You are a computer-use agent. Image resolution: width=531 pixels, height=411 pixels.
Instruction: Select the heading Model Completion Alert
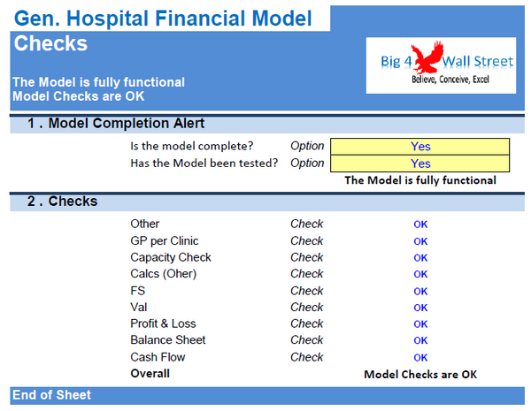pyautogui.click(x=126, y=124)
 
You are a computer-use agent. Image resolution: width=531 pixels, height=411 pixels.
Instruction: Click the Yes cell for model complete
pyautogui.click(x=420, y=147)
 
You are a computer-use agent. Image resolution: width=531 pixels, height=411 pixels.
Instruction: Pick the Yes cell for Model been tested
pyautogui.click(x=420, y=164)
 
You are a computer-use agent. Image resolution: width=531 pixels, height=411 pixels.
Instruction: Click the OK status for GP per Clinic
pyautogui.click(x=420, y=241)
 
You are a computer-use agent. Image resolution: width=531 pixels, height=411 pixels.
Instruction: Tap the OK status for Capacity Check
pyautogui.click(x=420, y=258)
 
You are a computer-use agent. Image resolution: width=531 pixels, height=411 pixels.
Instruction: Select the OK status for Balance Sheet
pyautogui.click(x=420, y=340)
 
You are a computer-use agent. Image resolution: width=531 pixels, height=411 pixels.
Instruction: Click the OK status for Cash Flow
pyautogui.click(x=420, y=357)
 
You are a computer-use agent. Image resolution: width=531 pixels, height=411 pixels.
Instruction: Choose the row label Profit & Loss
pyautogui.click(x=163, y=323)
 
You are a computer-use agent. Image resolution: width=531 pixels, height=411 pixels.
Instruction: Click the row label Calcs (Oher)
pyautogui.click(x=163, y=274)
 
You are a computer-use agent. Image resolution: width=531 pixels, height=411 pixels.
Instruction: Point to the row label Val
pyautogui.click(x=140, y=308)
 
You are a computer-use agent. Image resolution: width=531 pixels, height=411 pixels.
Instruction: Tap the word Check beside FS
pyautogui.click(x=307, y=291)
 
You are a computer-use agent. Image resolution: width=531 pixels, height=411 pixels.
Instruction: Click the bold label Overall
pyautogui.click(x=150, y=374)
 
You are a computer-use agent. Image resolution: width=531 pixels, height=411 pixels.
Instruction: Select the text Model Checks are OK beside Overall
pyautogui.click(x=420, y=375)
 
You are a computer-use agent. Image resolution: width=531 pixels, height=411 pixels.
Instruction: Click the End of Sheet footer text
pyautogui.click(x=51, y=395)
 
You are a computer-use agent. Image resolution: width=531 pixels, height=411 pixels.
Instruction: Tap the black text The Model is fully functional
pyautogui.click(x=420, y=180)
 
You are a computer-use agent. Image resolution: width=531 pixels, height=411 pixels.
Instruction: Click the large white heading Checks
pyautogui.click(x=50, y=43)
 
